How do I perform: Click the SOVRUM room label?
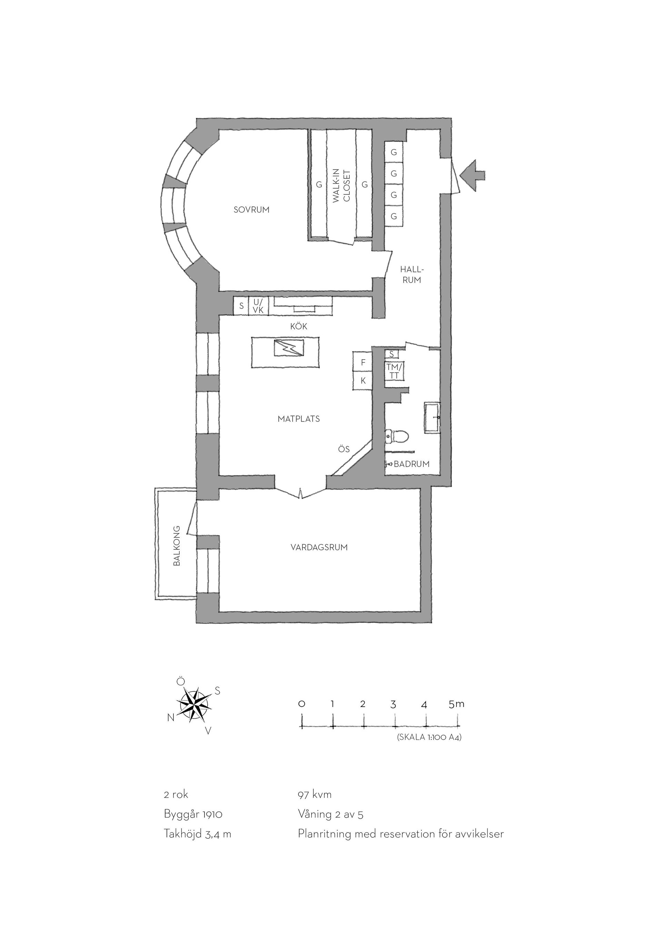[x=251, y=210]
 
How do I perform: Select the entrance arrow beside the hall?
[x=472, y=175]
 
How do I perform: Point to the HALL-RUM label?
[x=412, y=275]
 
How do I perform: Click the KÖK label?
[x=299, y=326]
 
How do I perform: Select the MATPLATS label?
[x=299, y=419]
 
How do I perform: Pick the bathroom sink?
[x=432, y=418]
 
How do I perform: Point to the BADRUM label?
[x=411, y=464]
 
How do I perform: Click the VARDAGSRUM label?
[x=319, y=547]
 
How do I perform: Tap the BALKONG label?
[x=177, y=551]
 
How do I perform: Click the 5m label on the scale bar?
[x=456, y=704]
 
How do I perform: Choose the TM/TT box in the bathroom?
[x=394, y=371]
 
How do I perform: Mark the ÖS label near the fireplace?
[x=344, y=449]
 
